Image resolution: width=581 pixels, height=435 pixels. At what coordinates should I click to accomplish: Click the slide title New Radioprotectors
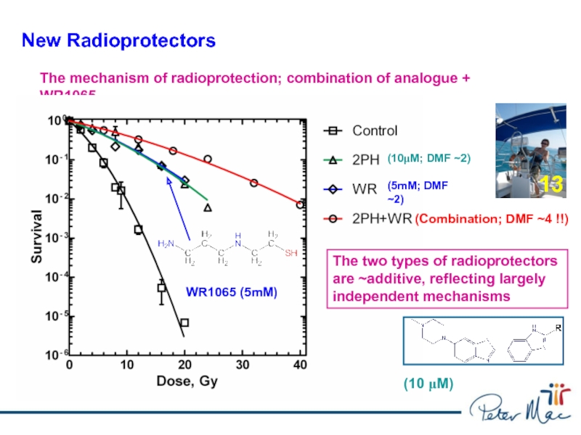click(118, 41)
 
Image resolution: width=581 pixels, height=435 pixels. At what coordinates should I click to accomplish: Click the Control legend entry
click(375, 131)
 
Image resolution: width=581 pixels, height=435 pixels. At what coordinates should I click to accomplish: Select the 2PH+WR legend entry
click(382, 218)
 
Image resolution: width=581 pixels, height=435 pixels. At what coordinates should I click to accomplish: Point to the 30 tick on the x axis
click(243, 365)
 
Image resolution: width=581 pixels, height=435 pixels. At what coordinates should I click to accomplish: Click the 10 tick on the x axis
click(127, 365)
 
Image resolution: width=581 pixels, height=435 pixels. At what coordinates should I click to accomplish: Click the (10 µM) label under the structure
click(428, 384)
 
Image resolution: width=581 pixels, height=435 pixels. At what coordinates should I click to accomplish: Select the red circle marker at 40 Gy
click(300, 205)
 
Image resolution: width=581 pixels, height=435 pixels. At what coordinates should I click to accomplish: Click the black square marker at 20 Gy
click(184, 323)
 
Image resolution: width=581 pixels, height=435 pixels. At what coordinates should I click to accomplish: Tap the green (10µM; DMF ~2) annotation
click(428, 158)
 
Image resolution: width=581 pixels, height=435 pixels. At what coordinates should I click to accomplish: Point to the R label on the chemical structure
click(558, 328)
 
